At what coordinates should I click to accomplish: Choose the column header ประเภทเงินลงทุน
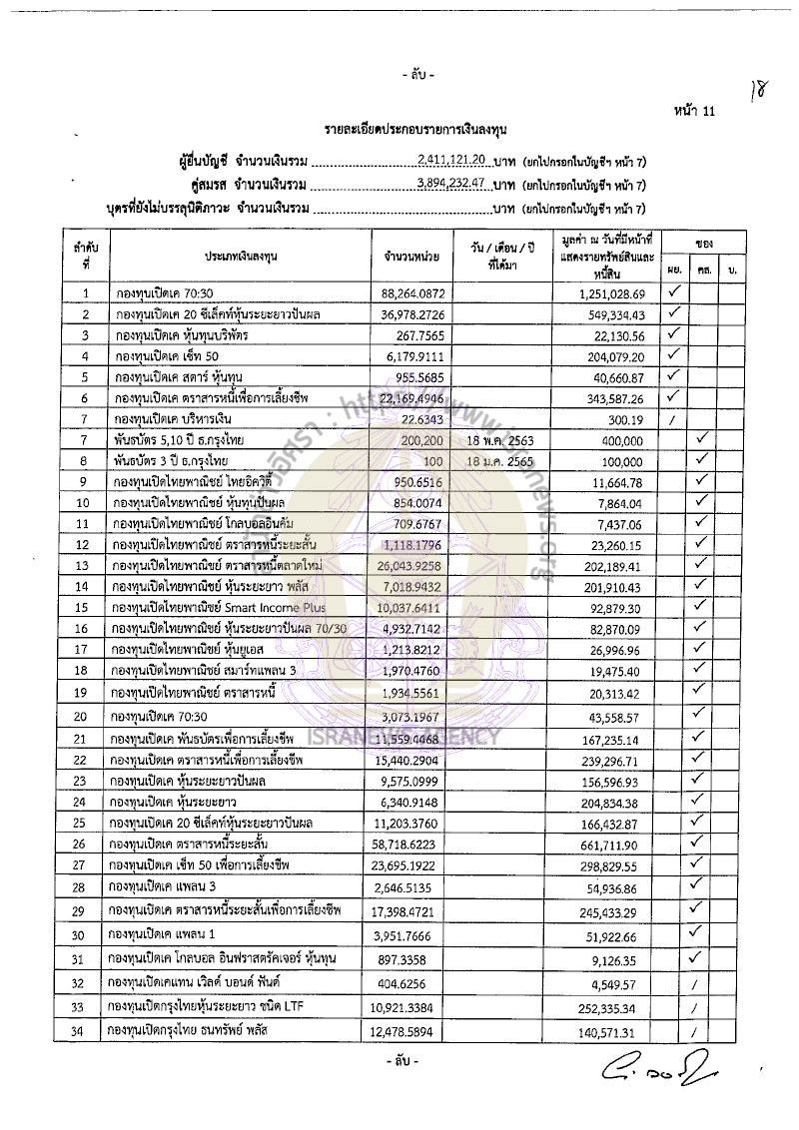coord(241,257)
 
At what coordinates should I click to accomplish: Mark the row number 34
coord(87,1031)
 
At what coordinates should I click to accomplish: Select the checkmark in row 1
coord(674,291)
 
